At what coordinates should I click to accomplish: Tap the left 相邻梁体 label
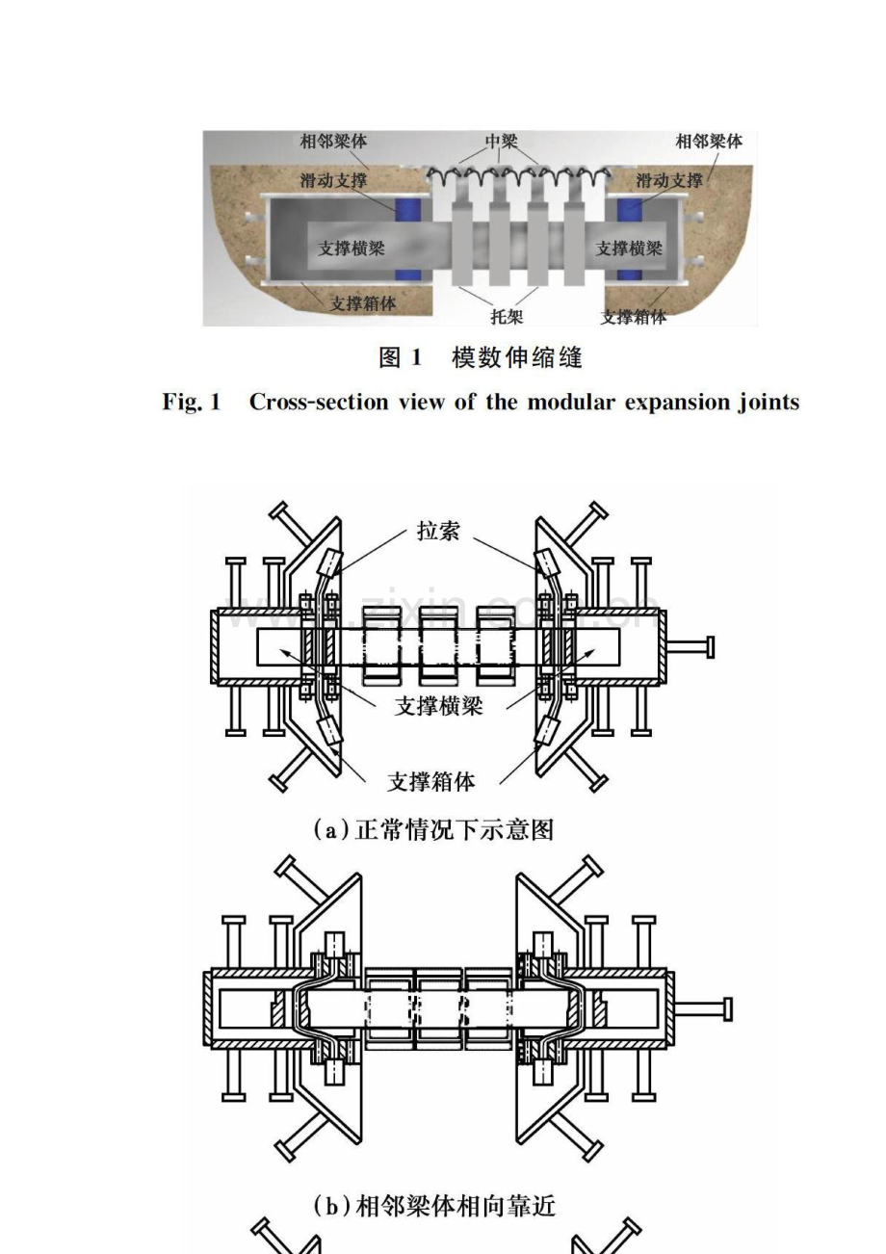pos(332,142)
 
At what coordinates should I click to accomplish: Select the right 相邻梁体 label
pos(709,142)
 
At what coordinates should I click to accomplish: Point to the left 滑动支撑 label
pos(332,180)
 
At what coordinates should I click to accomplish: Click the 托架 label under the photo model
pos(507,316)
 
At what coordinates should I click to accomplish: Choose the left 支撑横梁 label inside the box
pos(352,248)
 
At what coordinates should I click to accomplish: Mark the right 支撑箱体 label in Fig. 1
pos(633,316)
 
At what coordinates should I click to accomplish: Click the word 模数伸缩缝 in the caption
pos(517,358)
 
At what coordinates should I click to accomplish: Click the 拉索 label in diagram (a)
pos(438,531)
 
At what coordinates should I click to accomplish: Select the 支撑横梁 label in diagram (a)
pos(438,705)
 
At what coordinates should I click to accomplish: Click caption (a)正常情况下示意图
pos(434,829)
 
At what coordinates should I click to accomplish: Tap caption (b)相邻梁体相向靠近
pos(434,1204)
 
